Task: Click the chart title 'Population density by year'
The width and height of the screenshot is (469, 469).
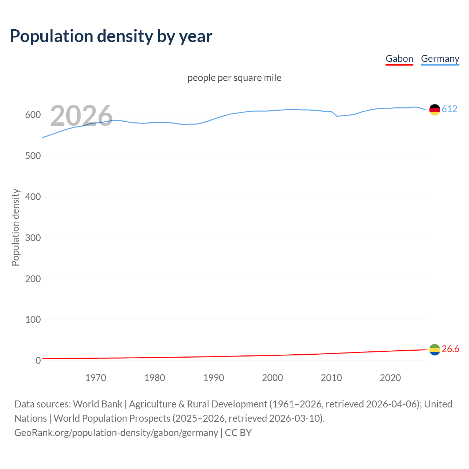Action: (111, 36)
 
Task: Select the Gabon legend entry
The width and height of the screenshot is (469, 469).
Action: (399, 59)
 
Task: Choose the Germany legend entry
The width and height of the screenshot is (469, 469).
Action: (440, 59)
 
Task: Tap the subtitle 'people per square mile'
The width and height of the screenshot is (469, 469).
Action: (234, 78)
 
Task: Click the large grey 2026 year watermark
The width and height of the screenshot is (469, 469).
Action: (81, 116)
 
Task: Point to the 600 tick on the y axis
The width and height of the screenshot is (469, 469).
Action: (33, 115)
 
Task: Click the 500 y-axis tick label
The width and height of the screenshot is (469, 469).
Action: (33, 156)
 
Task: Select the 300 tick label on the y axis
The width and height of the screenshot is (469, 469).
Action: (33, 238)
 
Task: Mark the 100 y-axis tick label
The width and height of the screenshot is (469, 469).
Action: (33, 320)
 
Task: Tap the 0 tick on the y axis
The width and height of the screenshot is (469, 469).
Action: (38, 361)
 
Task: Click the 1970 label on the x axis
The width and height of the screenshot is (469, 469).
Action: (96, 378)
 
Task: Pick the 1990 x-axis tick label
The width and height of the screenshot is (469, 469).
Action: (214, 378)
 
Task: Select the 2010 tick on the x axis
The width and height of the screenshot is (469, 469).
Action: (331, 378)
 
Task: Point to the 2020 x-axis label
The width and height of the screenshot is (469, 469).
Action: (390, 378)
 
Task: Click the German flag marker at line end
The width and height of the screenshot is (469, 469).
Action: (435, 110)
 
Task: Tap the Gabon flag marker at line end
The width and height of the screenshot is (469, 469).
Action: (435, 350)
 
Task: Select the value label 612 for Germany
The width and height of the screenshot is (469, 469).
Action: (450, 109)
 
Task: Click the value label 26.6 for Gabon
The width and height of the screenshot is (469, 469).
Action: (450, 349)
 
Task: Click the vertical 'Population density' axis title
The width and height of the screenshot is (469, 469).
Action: (15, 227)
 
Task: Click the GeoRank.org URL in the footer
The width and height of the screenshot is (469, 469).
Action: (116, 433)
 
